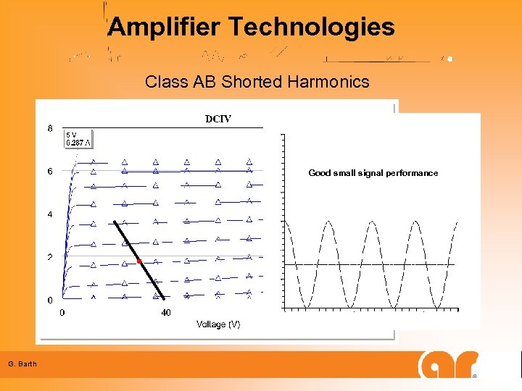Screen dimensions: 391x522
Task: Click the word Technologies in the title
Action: pos(312,28)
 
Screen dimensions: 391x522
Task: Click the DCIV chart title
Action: pos(218,119)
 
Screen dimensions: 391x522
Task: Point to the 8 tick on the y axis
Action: pos(50,129)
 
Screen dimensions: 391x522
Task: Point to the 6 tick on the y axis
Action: pos(50,172)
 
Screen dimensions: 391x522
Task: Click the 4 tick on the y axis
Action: pos(50,214)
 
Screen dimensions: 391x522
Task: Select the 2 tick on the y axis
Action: pos(50,257)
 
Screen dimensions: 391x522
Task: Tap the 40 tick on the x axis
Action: pos(166,313)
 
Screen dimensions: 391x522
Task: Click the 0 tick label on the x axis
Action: pos(62,313)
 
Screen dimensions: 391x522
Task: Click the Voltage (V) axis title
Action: pos(218,324)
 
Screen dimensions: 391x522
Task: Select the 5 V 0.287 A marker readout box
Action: pos(78,139)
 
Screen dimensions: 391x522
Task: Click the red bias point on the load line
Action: pos(138,261)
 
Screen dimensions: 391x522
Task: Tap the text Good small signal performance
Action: pos(373,173)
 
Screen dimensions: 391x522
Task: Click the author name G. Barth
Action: pos(22,363)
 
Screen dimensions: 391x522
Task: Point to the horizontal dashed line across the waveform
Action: pos(370,265)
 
